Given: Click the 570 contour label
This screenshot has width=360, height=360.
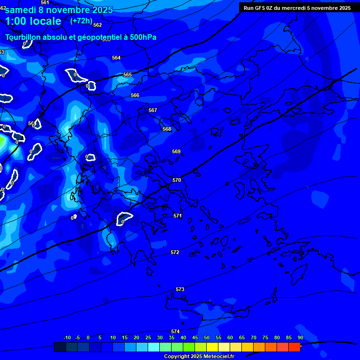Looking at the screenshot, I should click(x=177, y=180).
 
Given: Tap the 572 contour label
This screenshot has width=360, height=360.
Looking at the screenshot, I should click(x=175, y=252).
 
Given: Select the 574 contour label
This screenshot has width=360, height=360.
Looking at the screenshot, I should click(x=175, y=331).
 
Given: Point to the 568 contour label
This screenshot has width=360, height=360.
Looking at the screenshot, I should click(x=167, y=129).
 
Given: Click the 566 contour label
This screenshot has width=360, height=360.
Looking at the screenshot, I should click(x=135, y=95).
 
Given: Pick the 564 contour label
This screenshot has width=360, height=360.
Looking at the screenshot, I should click(x=116, y=58).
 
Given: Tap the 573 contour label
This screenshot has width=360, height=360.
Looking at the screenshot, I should click(x=180, y=289).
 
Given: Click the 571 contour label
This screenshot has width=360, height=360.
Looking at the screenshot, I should click(x=178, y=216).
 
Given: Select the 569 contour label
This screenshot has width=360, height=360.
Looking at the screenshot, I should click(x=176, y=151).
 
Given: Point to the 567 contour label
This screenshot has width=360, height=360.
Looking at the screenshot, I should click(x=153, y=110).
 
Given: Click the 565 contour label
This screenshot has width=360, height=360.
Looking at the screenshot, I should click(x=127, y=75).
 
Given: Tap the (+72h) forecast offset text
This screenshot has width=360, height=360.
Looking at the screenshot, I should click(x=81, y=21).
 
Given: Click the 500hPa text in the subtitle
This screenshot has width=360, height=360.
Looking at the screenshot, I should click(x=140, y=37).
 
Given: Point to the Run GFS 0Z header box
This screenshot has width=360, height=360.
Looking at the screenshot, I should click(x=297, y=8).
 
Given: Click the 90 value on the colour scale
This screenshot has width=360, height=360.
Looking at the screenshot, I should click(x=300, y=337).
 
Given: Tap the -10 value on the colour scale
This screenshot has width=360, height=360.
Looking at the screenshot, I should click(x=67, y=337).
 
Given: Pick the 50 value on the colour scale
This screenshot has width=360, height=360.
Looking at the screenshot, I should click(x=207, y=337).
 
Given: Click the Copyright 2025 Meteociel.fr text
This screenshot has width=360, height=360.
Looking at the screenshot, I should click(x=199, y=356).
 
